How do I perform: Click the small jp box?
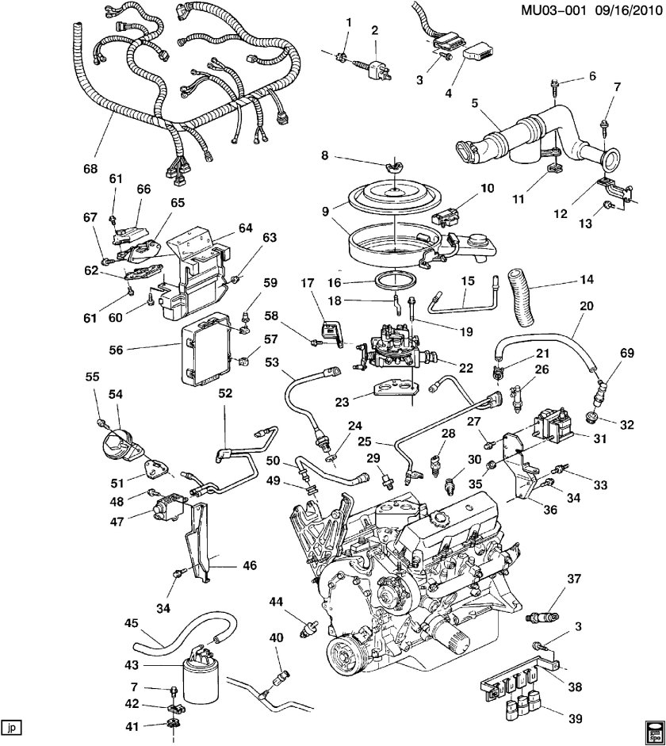coord(10,725)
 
